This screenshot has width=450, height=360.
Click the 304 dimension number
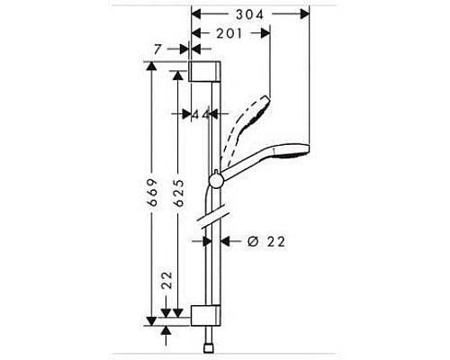click(x=249, y=14)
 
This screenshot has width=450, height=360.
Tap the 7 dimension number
click(x=158, y=50)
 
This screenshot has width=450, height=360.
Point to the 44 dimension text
click(x=200, y=114)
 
